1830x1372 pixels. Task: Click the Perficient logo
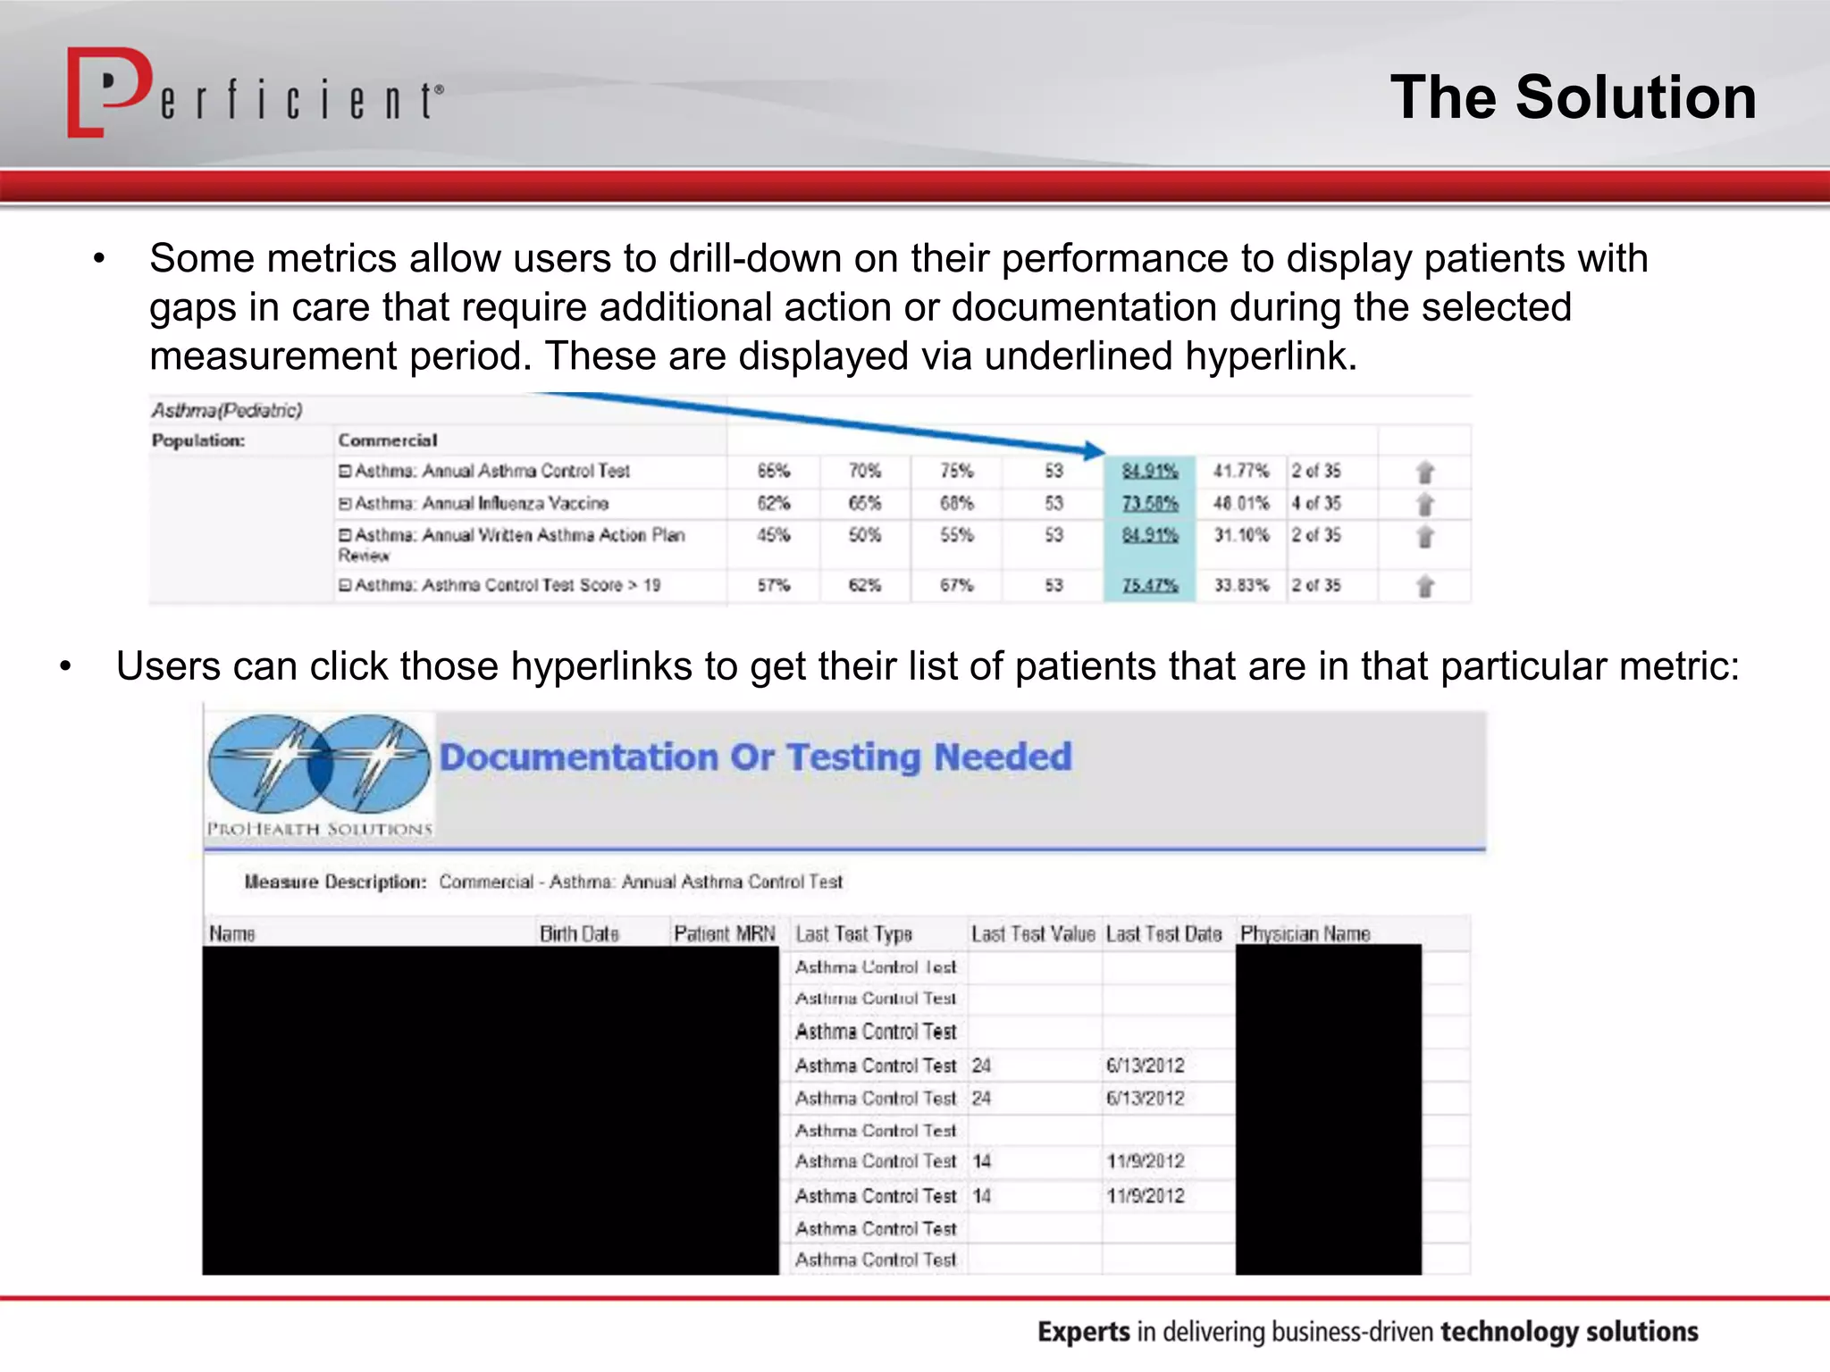click(255, 94)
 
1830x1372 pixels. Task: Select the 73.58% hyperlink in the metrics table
click(1150, 504)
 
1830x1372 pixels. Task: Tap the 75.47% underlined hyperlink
click(1150, 586)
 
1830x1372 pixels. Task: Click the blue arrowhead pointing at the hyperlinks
click(1094, 450)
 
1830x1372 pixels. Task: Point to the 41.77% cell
click(1240, 471)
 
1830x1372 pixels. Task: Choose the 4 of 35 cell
click(1315, 504)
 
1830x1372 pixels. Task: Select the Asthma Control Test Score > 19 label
click(507, 586)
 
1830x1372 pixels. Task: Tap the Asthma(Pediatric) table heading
click(227, 410)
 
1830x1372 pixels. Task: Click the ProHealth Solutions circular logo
click(319, 766)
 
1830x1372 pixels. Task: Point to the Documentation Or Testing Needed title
click(755, 757)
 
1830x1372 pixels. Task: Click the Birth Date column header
click(579, 934)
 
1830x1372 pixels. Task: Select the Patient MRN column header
click(724, 934)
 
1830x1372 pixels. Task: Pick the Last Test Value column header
click(1032, 934)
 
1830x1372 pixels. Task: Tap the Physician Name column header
click(1305, 934)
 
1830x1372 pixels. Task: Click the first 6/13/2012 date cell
click(1145, 1066)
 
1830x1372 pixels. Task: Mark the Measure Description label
click(335, 883)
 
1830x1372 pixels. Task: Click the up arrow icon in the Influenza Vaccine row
click(1425, 505)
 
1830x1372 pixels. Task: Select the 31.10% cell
click(1240, 536)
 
